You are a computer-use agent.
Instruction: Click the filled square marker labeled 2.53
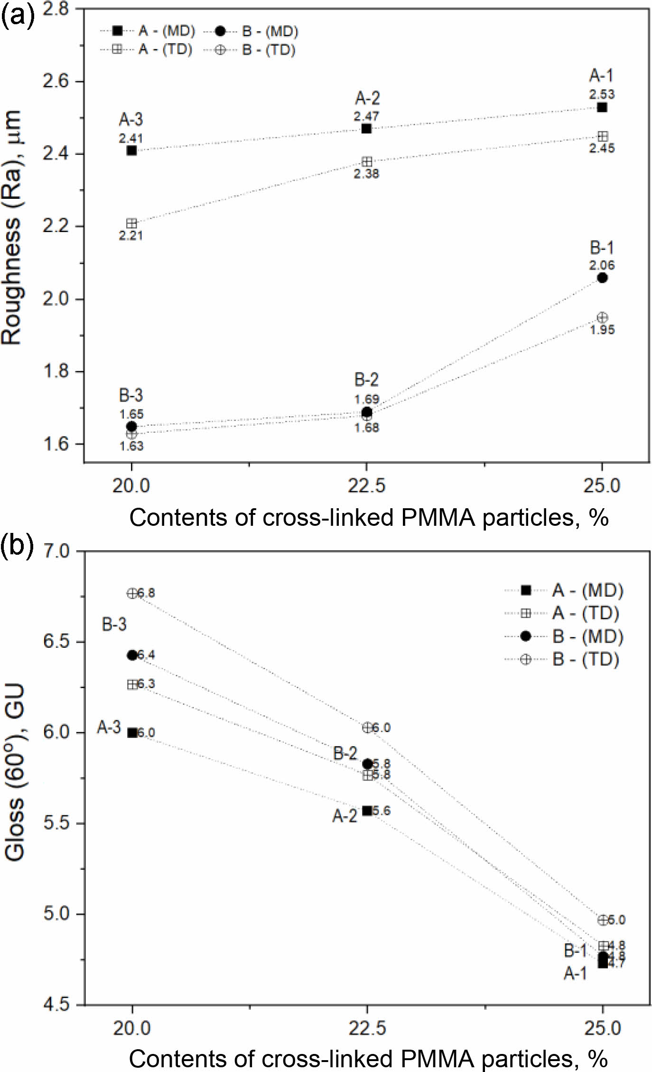602,107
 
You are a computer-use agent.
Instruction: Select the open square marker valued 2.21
132,224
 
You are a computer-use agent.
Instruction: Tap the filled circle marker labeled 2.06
602,278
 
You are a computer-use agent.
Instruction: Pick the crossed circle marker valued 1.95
602,317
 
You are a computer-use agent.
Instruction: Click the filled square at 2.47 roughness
366,129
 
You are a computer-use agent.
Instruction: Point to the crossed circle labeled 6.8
132,593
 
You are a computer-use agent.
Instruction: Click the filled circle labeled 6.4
132,655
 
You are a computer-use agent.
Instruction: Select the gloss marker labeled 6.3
132,684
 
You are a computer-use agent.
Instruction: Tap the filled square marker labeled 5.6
367,811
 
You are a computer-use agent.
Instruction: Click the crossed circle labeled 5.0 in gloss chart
603,920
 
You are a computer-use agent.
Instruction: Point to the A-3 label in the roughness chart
130,120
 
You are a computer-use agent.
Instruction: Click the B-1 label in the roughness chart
602,248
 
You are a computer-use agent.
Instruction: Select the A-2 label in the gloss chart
345,816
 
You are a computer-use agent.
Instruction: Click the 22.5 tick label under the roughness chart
366,486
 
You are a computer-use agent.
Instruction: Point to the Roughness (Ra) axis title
12,228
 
